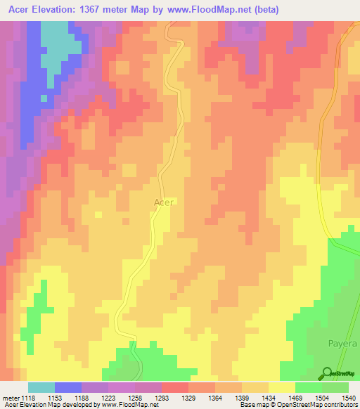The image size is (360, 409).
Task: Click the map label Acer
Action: (x=163, y=202)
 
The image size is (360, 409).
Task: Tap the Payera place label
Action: (x=343, y=345)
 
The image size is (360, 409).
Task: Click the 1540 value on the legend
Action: (x=349, y=398)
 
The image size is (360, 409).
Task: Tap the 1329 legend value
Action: (x=189, y=398)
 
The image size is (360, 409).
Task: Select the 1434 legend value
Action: (x=269, y=398)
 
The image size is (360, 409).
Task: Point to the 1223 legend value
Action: (x=109, y=398)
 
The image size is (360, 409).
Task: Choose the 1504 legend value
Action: (x=323, y=398)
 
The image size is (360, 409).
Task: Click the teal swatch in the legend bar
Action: (x=41, y=387)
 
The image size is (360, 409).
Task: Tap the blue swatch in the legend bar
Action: (x=68, y=387)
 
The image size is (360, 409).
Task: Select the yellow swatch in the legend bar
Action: (x=282, y=387)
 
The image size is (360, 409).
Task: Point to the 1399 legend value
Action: (x=243, y=398)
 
